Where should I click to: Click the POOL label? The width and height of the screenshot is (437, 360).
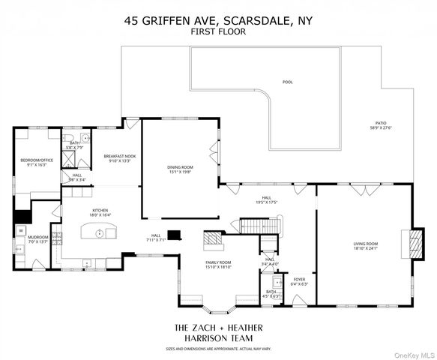pyautogui.click(x=288, y=82)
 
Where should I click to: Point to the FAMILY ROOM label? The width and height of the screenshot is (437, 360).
pyautogui.click(x=218, y=262)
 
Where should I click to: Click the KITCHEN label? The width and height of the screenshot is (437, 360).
pyautogui.click(x=101, y=210)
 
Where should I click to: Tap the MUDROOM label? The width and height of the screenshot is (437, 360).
pyautogui.click(x=37, y=238)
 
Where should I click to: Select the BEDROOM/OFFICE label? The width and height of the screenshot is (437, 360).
pyautogui.click(x=37, y=160)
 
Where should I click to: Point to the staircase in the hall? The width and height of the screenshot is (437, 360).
pyautogui.click(x=266, y=225)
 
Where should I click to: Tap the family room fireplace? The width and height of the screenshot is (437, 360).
pyautogui.click(x=213, y=241)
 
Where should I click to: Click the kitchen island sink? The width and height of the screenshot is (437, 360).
pyautogui.click(x=99, y=233)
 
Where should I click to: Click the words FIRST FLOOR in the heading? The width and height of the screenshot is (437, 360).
pyautogui.click(x=218, y=32)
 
